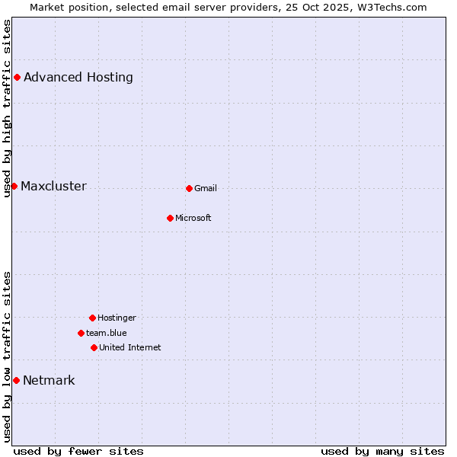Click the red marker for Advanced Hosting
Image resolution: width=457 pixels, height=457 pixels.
[x=17, y=77]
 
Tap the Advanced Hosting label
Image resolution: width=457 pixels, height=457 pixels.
[x=78, y=77]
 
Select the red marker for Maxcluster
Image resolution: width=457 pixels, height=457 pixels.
[x=14, y=186]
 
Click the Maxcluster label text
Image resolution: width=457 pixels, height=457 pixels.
[x=53, y=187]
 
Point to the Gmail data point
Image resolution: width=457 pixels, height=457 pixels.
[x=189, y=188]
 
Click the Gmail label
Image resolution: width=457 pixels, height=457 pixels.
[x=206, y=188]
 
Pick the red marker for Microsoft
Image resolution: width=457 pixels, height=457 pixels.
[x=170, y=218]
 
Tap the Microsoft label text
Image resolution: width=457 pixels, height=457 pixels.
[x=193, y=218]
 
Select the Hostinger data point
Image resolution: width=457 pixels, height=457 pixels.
[x=92, y=318]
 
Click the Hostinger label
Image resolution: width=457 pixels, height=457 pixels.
[x=117, y=318]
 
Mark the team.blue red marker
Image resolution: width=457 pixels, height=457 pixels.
[x=81, y=333]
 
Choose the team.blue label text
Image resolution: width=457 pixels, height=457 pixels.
[x=107, y=333]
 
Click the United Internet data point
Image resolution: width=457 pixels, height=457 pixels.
[x=94, y=347]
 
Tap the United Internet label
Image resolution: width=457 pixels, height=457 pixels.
[x=130, y=347]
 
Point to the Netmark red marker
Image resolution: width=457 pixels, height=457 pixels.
[x=16, y=380]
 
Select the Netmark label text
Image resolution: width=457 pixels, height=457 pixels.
[x=49, y=381]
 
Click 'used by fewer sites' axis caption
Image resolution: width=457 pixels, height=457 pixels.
[x=78, y=451]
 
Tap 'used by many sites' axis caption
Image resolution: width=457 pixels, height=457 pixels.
[x=382, y=451]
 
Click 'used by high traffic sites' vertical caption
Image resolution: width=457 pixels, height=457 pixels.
[x=7, y=108]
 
